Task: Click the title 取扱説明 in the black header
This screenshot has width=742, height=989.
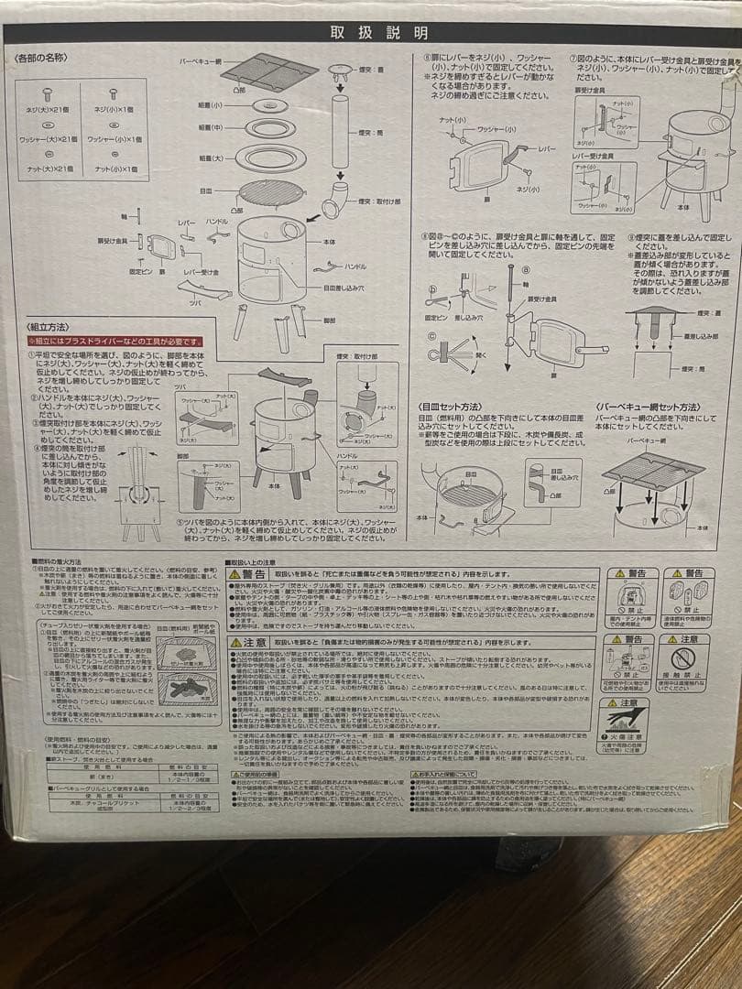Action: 379,34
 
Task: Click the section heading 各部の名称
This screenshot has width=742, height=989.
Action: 41,58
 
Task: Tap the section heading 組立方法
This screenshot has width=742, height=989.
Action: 45,327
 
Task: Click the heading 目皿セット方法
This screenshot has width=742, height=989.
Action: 451,404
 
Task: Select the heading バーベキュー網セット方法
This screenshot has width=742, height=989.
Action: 649,404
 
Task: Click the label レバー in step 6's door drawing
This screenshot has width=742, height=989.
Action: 547,147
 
